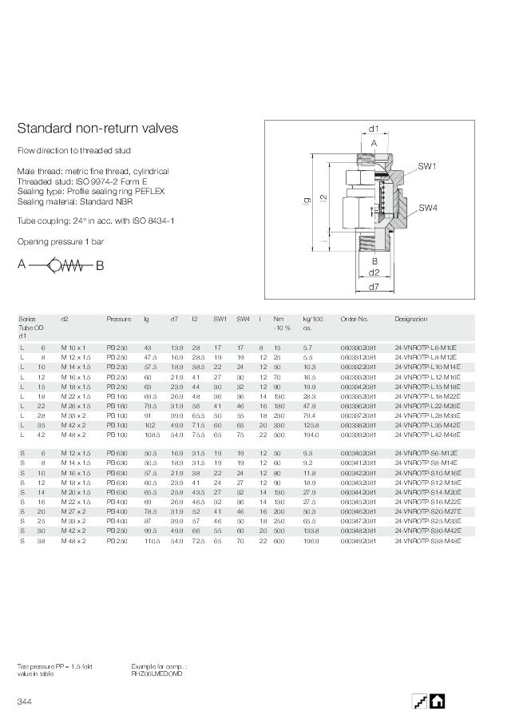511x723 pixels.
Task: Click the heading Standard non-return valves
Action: (x=97, y=129)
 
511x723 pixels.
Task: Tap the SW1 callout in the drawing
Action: (x=427, y=166)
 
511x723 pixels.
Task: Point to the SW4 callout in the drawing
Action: (x=427, y=208)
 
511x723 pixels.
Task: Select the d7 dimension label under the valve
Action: (x=374, y=285)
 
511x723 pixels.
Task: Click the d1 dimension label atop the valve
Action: (x=373, y=129)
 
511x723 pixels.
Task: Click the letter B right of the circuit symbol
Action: (x=100, y=266)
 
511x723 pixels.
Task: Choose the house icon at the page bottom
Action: (x=437, y=701)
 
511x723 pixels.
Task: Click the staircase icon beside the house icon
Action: (x=419, y=701)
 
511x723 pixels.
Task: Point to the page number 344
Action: (x=24, y=701)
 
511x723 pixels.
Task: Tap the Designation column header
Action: (x=410, y=319)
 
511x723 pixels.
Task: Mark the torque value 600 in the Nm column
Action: (x=278, y=541)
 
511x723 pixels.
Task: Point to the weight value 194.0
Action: (x=311, y=435)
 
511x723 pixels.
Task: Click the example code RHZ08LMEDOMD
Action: (x=156, y=673)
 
